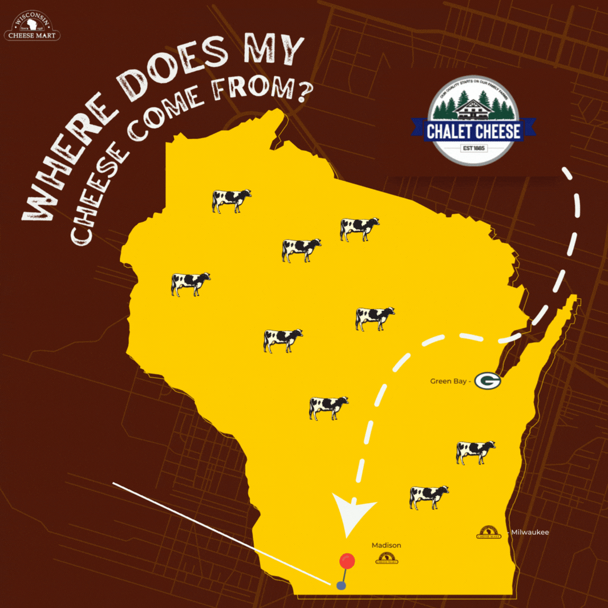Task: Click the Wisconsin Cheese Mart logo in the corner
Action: click(33, 26)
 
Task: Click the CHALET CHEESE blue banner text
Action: click(473, 132)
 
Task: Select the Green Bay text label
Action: click(449, 380)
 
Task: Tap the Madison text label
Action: click(386, 545)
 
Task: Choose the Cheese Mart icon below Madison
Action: click(387, 560)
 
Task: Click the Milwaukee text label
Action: click(530, 532)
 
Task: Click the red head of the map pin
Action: click(347, 561)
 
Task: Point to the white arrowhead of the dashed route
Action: click(353, 516)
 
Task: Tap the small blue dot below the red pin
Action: click(341, 585)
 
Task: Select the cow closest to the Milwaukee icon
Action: click(429, 496)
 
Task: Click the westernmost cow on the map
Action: click(190, 283)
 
